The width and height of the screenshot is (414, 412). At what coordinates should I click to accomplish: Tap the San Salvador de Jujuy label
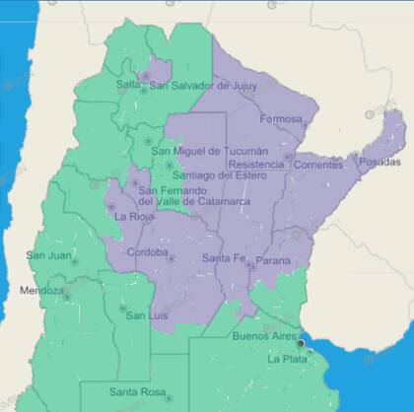pos(204,86)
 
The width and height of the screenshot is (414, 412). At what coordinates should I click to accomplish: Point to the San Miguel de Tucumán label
pos(210,151)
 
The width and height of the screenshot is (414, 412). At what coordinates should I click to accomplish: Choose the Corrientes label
pos(317,164)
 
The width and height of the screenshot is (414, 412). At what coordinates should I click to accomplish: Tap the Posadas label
pos(381,162)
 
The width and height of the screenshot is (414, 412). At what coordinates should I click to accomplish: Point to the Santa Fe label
pos(224,258)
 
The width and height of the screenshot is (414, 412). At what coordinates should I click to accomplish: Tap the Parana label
pos(272,261)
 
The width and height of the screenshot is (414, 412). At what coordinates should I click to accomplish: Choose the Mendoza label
pos(40,291)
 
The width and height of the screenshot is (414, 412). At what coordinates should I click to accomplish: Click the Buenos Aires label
pos(264,337)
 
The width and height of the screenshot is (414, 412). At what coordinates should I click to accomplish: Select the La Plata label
pos(288,359)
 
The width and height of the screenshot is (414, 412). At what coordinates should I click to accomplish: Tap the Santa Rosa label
pos(137,392)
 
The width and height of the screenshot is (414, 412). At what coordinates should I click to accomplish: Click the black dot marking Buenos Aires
pos(303,344)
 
